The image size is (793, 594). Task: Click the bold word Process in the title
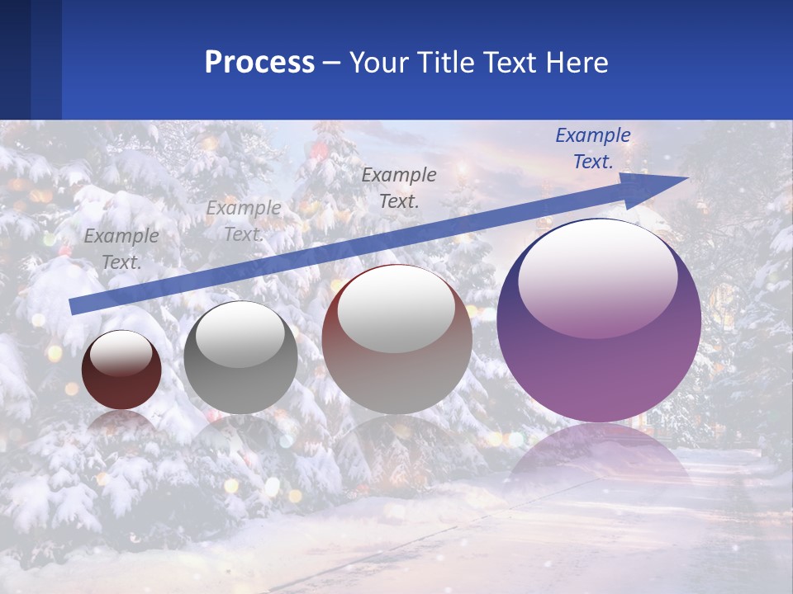coord(259,63)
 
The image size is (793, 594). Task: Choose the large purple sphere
coord(599,363)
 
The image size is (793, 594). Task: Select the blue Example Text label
coord(593,148)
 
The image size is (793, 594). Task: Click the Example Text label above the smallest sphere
coord(121,249)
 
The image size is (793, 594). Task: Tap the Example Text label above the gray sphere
coord(244,221)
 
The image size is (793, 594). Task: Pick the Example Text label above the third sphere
coord(399,187)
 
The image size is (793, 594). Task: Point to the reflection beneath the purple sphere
coord(599,462)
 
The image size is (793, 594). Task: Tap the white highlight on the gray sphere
coord(240,335)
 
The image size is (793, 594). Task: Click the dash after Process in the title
coord(332,63)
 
